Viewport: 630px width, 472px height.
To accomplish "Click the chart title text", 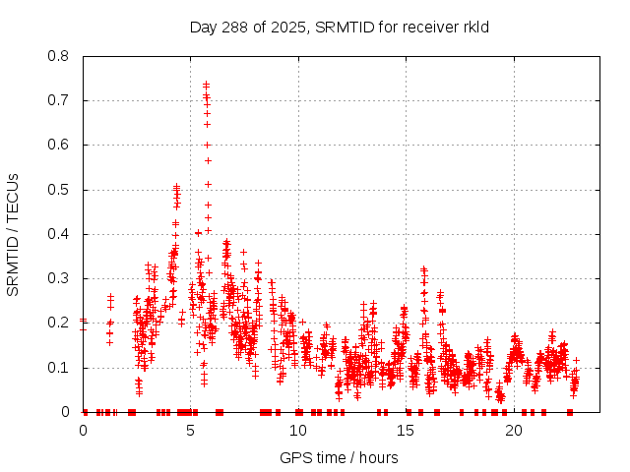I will pos(339,27).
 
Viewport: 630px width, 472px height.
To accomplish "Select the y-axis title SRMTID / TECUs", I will pos(14,234).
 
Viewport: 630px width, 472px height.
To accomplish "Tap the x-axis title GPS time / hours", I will pos(339,457).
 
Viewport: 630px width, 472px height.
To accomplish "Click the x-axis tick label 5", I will pos(191,431).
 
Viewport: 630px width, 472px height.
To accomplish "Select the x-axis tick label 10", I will pos(298,431).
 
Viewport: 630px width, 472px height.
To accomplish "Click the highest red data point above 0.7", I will pos(206,85).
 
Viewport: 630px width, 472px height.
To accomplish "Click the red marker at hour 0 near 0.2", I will pos(84,320).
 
